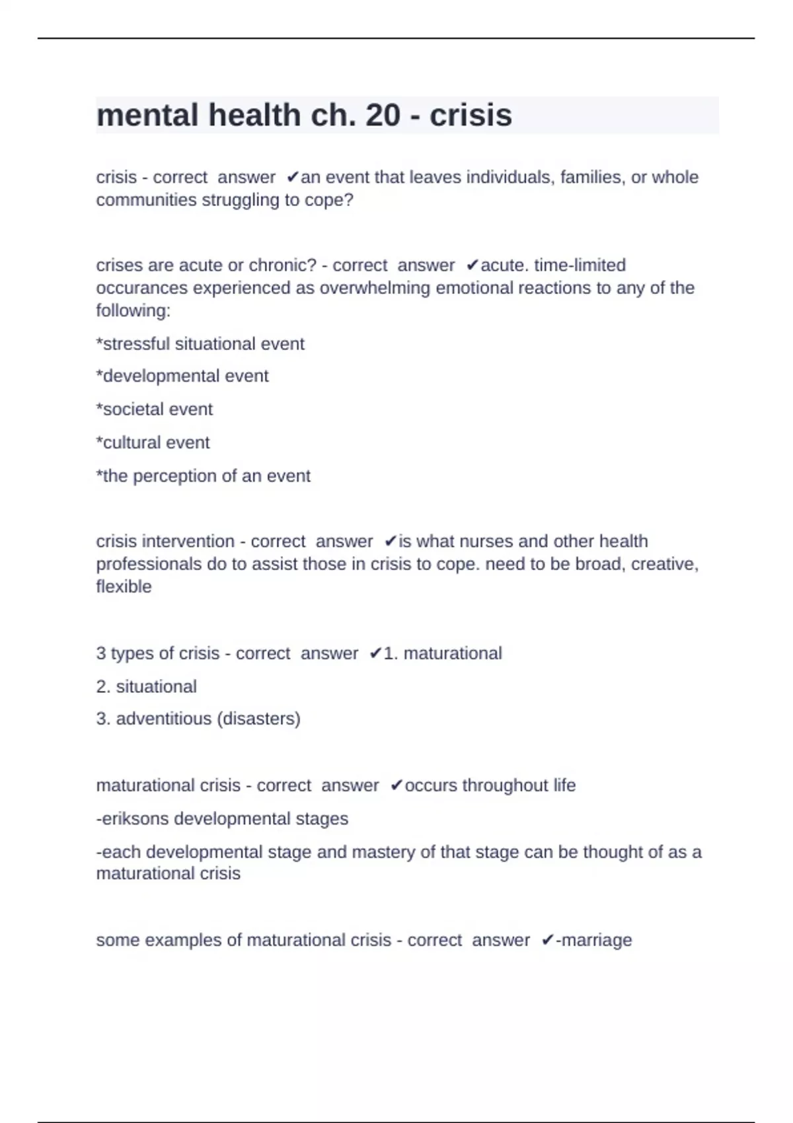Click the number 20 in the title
[x=383, y=116]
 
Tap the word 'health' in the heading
[x=254, y=116]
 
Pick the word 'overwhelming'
[x=375, y=288]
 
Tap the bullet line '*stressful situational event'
[x=200, y=344]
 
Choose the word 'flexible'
[x=124, y=586]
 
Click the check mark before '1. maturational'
[x=375, y=653]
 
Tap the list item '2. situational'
[x=146, y=686]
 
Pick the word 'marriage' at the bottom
[x=597, y=940]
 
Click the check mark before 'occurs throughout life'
[x=396, y=785]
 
